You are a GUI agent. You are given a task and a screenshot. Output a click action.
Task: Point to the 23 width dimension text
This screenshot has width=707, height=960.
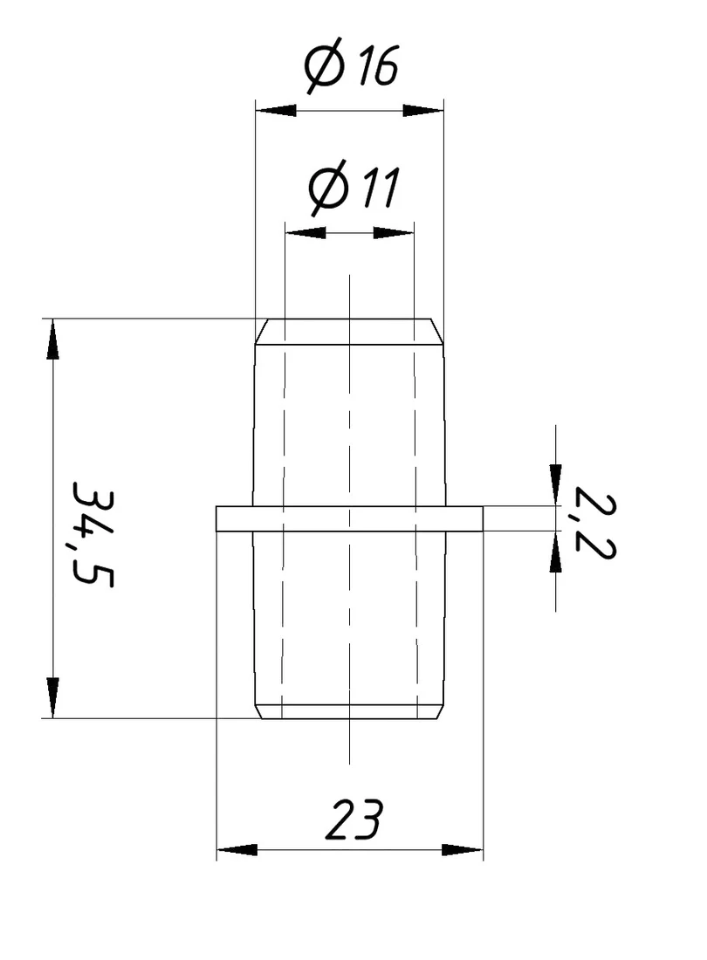[353, 819]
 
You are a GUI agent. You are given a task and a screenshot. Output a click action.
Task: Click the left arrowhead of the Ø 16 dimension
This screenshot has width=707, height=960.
[276, 111]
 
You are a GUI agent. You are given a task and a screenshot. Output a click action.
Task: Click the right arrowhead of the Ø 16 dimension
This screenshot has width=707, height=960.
[423, 111]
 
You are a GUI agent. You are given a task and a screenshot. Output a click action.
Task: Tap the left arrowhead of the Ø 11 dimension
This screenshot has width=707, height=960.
[305, 233]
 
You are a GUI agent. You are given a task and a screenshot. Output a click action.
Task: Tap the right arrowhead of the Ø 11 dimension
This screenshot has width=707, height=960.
[394, 233]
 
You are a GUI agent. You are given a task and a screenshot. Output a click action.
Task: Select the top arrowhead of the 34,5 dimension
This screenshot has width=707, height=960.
[53, 339]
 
